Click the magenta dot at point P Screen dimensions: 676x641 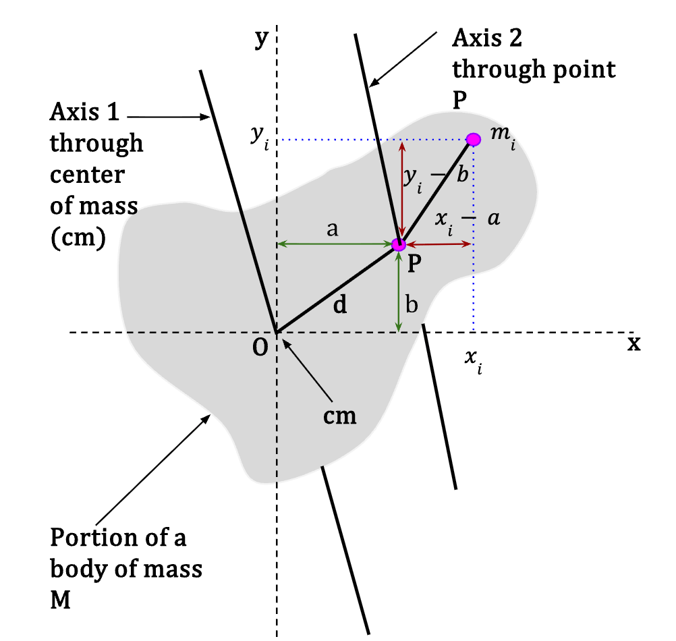[399, 244]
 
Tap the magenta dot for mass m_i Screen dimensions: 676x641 [474, 140]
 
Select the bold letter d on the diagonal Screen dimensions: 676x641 [340, 304]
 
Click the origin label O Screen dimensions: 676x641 [260, 347]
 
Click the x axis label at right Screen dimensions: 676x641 [633, 344]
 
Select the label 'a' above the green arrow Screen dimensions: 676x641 [332, 229]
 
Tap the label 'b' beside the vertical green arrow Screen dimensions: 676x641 [412, 304]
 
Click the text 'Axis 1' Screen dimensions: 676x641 [84, 112]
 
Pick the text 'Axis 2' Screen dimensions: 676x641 [486, 38]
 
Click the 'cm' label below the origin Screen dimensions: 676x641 [340, 417]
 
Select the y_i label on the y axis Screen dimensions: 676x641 [260, 137]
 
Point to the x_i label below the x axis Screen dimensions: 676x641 [474, 361]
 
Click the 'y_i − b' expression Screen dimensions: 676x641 [436, 178]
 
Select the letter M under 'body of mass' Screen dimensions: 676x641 [60, 600]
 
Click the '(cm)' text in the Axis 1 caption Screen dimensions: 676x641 [78, 238]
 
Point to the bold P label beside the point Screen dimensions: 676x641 [414, 262]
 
